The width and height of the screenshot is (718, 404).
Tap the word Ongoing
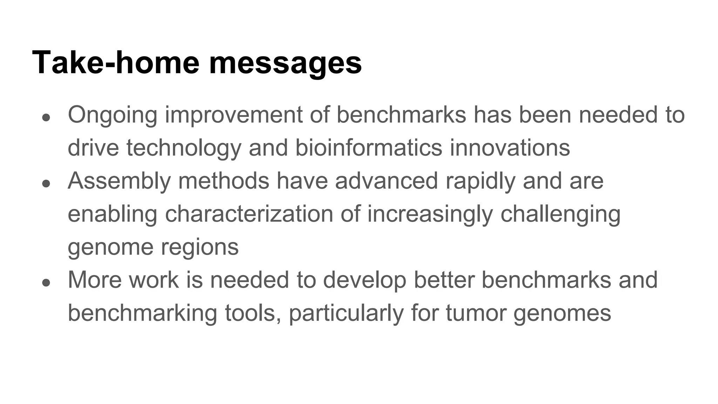tap(112, 115)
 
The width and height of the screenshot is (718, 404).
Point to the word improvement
tap(233, 115)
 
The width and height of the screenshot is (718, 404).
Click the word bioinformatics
tap(368, 148)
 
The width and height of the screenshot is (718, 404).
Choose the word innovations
tap(510, 148)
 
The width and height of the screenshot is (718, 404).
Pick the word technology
tap(184, 148)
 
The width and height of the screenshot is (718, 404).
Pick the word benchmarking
tap(142, 313)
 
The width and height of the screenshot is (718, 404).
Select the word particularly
tap(346, 313)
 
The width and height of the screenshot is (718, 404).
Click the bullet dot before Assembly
tap(46, 183)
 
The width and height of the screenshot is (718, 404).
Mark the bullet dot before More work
tap(46, 282)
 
